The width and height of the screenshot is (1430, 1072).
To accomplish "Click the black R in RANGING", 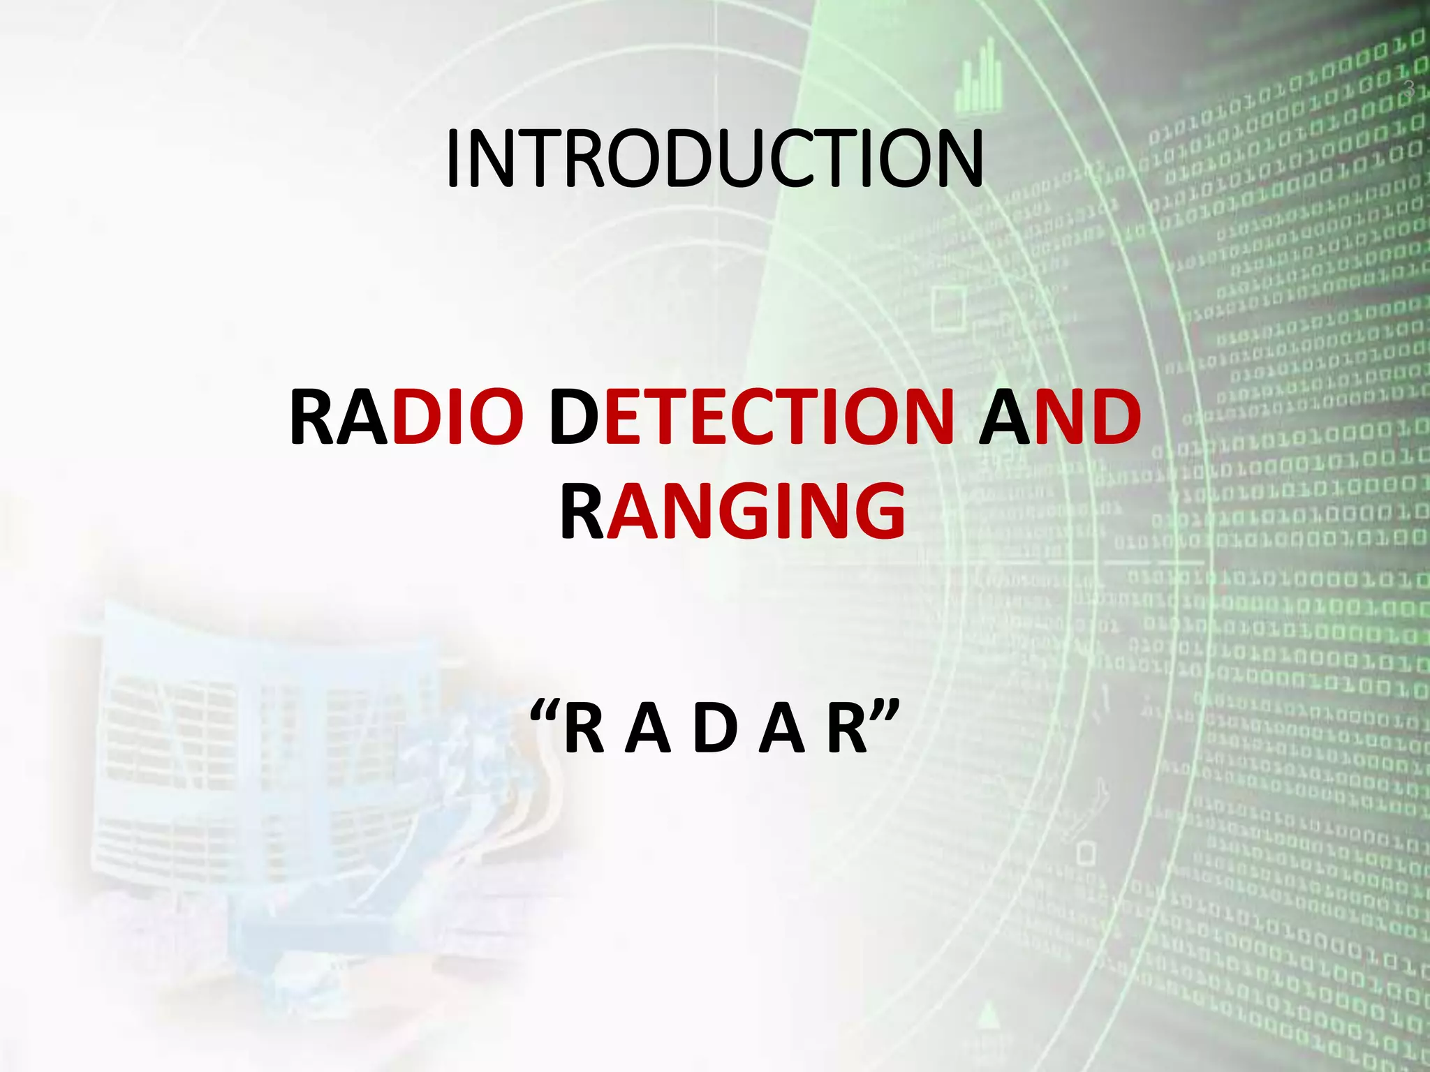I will pos(581,513).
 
